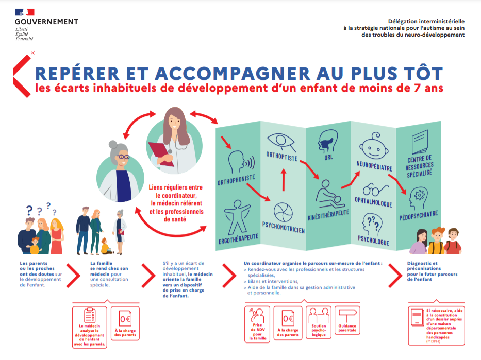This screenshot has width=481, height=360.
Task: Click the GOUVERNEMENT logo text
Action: point(46,22)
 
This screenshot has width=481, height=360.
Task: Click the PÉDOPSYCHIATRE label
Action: point(418,213)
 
